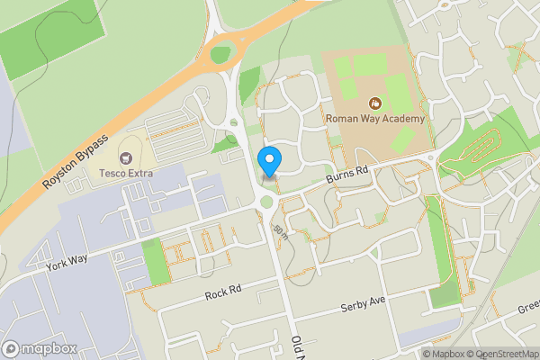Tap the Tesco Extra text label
pos(126,173)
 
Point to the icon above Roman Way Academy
pos(374,103)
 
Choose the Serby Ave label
pos(363,307)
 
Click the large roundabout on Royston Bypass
pos(220,54)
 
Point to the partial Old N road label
pos(298,346)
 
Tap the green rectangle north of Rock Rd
pos(156,261)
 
